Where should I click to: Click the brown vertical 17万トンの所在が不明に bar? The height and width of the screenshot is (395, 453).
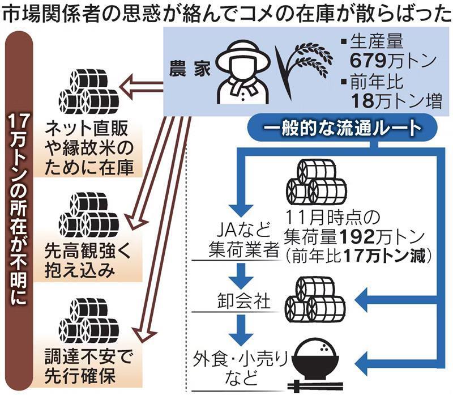(x=19, y=210)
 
